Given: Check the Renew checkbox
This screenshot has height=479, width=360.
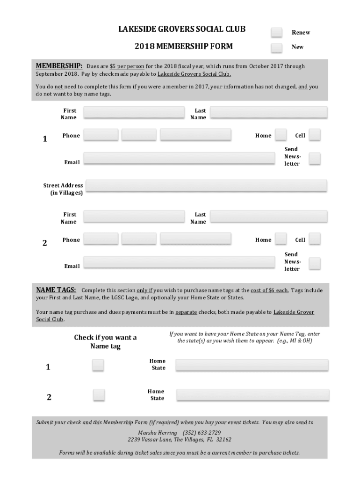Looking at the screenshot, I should [x=277, y=32].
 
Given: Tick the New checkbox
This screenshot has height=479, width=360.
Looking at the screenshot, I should [x=277, y=47].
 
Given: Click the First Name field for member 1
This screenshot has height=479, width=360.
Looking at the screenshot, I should [x=134, y=112].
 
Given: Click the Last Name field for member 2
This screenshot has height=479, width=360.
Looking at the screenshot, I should [x=269, y=216].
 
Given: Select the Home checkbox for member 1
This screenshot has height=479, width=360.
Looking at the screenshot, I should [x=281, y=135].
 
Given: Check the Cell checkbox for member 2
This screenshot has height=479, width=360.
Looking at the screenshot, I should [x=315, y=239].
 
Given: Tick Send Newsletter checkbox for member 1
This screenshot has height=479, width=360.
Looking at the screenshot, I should [x=315, y=159].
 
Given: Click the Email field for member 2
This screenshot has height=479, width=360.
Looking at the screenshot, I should [x=179, y=262].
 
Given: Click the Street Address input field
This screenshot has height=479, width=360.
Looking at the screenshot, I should [x=206, y=186].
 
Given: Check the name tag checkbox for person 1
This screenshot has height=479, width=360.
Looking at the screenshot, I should [x=98, y=365].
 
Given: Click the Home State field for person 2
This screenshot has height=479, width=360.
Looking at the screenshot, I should [x=252, y=395].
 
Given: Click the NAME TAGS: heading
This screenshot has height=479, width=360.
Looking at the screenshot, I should [x=56, y=290].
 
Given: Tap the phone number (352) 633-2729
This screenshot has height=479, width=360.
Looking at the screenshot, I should [x=205, y=433].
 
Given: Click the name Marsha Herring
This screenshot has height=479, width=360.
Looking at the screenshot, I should [x=158, y=433].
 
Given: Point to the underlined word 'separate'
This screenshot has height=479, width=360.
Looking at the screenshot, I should [x=186, y=312].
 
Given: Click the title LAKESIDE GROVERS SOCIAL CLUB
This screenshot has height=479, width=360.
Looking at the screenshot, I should [x=182, y=29].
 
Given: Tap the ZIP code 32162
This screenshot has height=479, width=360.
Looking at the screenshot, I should [x=223, y=440].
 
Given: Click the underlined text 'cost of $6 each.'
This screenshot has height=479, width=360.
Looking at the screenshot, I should [x=269, y=290].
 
